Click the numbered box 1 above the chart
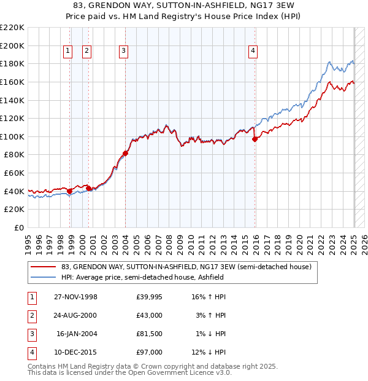tap(67, 51)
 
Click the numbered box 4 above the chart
tap(253, 51)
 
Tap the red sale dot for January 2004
tap(125, 153)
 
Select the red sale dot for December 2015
tap(255, 139)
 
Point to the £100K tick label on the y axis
tap(12, 136)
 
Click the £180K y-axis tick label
tap(12, 63)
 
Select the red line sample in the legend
tap(43, 267)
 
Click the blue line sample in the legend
tap(43, 277)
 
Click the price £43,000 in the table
tap(149, 316)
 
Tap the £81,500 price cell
tap(149, 334)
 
